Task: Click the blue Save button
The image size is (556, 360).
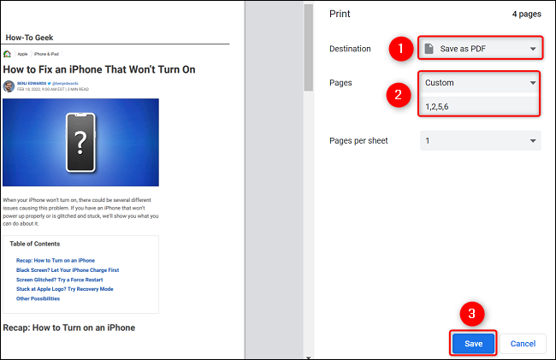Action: [x=473, y=343]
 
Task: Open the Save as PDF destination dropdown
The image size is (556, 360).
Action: [x=479, y=49]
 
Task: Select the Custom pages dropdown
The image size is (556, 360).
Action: [x=479, y=83]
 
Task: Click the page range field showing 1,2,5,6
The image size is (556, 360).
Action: [x=479, y=106]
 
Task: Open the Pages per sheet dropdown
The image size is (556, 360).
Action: [x=479, y=140]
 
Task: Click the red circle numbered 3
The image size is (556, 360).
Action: [x=473, y=313]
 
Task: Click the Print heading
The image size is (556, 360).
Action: [x=340, y=14]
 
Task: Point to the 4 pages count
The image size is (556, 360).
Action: [x=526, y=15]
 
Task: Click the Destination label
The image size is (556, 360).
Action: [x=351, y=49]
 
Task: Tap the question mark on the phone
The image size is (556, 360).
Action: [x=80, y=141]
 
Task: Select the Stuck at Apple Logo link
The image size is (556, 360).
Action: [x=64, y=289]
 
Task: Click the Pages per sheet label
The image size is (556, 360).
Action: [x=358, y=140]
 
